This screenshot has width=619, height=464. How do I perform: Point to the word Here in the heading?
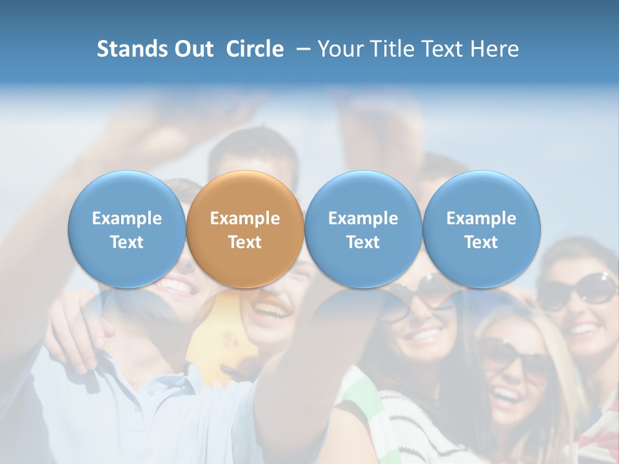(x=495, y=49)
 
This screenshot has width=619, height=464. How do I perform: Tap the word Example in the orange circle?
(x=245, y=218)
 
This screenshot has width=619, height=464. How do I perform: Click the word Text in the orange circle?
(x=245, y=242)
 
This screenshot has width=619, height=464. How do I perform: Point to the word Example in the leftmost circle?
(x=127, y=218)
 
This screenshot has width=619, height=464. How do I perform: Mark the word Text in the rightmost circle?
(x=481, y=242)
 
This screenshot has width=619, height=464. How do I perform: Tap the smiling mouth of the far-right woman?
(x=583, y=329)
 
